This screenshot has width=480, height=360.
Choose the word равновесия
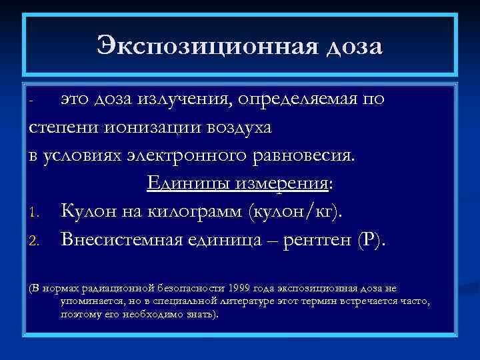305,155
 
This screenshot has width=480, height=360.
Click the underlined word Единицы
177,183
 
